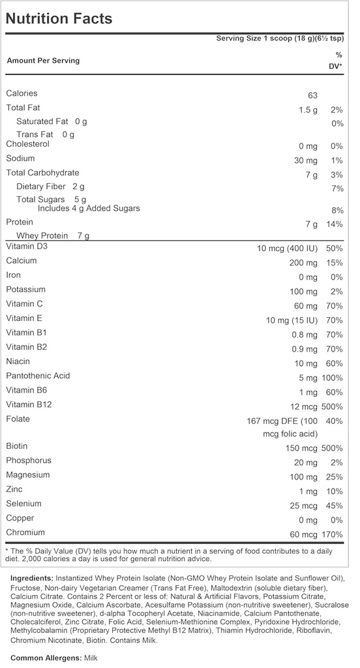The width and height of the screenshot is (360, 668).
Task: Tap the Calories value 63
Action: (308, 95)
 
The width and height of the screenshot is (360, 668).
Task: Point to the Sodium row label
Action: (21, 159)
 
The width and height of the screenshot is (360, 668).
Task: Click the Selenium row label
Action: (23, 504)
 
